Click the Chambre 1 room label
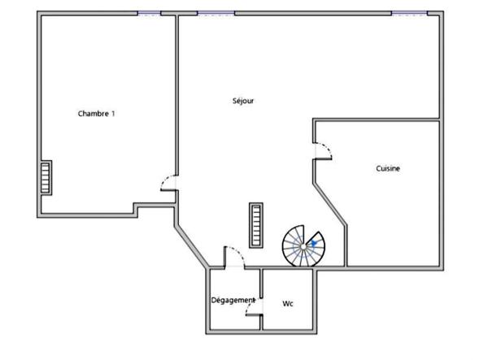[96, 114]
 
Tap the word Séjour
[243, 101]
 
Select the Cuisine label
[388, 168]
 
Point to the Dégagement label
[233, 301]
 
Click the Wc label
[287, 304]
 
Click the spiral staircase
[303, 245]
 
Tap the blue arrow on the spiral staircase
[314, 241]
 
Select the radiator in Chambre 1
[46, 178]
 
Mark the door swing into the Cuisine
[323, 151]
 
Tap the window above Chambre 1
[148, 13]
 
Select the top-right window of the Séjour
[408, 13]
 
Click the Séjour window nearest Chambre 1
[216, 13]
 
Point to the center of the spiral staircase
[303, 245]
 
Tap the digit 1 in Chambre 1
[112, 114]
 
